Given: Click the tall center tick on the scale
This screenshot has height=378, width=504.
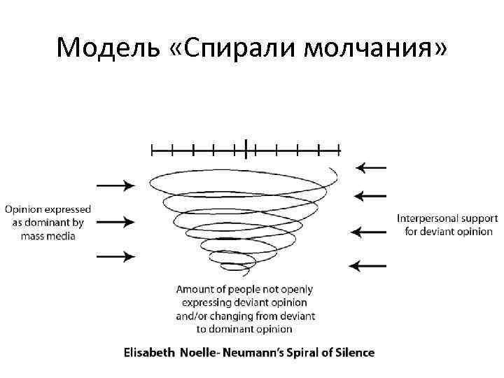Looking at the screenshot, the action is coord(246,148).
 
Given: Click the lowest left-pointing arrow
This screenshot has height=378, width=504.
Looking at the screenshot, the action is coord(367,265).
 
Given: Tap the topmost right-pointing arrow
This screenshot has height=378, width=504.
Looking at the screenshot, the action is coord(115,185).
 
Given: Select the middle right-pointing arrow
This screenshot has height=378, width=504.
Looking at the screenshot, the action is coord(115,222).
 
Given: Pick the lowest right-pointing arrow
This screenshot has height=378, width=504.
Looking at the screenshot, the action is coord(115,256).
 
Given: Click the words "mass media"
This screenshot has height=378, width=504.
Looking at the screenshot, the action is coord(48,236).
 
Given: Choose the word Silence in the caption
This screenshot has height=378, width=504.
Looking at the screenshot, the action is coord(354,352).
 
